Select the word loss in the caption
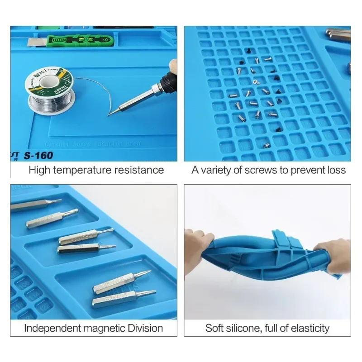pyautogui.click(x=337, y=170)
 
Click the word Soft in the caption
pyautogui.click(x=215, y=328)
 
